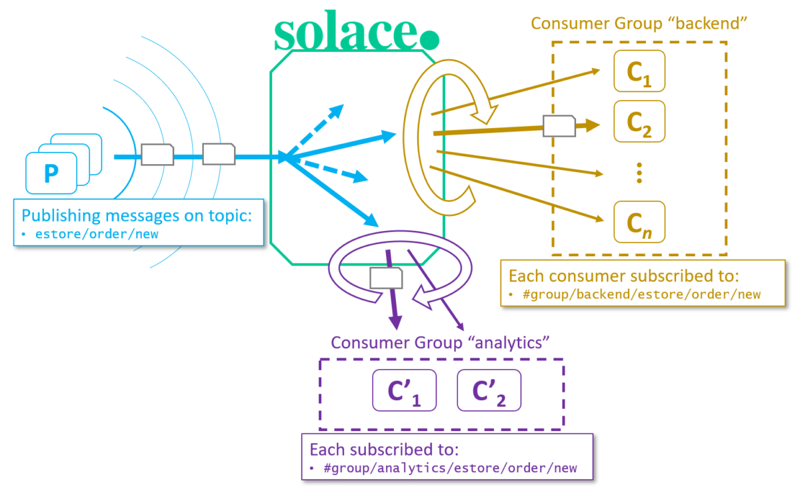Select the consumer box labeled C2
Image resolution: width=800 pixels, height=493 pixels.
639,121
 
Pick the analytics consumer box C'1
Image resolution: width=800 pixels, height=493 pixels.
403,390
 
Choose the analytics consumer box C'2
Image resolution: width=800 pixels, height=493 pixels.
488,390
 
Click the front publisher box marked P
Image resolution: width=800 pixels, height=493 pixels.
51,173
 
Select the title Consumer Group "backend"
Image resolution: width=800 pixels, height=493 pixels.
637,23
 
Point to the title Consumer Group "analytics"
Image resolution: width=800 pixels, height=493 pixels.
439,343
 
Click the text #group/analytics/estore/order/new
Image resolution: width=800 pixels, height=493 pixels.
449,468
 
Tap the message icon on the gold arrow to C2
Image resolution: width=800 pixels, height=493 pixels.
559,125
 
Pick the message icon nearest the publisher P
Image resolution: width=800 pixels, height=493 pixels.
157,155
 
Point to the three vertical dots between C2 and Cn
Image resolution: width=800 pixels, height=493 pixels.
639,172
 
